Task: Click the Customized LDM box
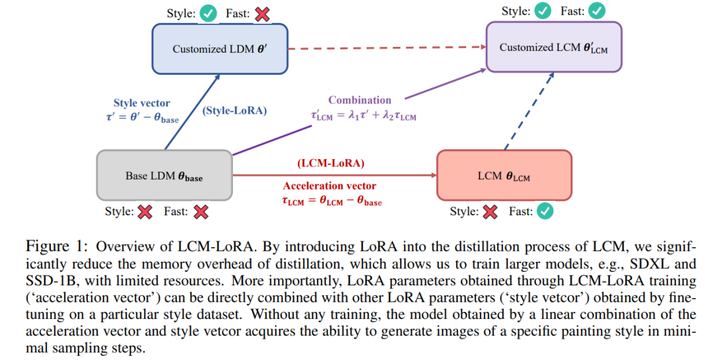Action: click(x=220, y=48)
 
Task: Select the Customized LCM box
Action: click(x=554, y=47)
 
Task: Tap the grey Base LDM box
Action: click(x=164, y=176)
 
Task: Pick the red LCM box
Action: click(x=504, y=176)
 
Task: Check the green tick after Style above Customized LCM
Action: click(x=542, y=11)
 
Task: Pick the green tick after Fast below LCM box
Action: click(x=545, y=211)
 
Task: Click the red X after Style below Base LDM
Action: click(x=145, y=211)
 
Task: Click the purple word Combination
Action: click(x=360, y=100)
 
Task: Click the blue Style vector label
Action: click(x=141, y=103)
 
